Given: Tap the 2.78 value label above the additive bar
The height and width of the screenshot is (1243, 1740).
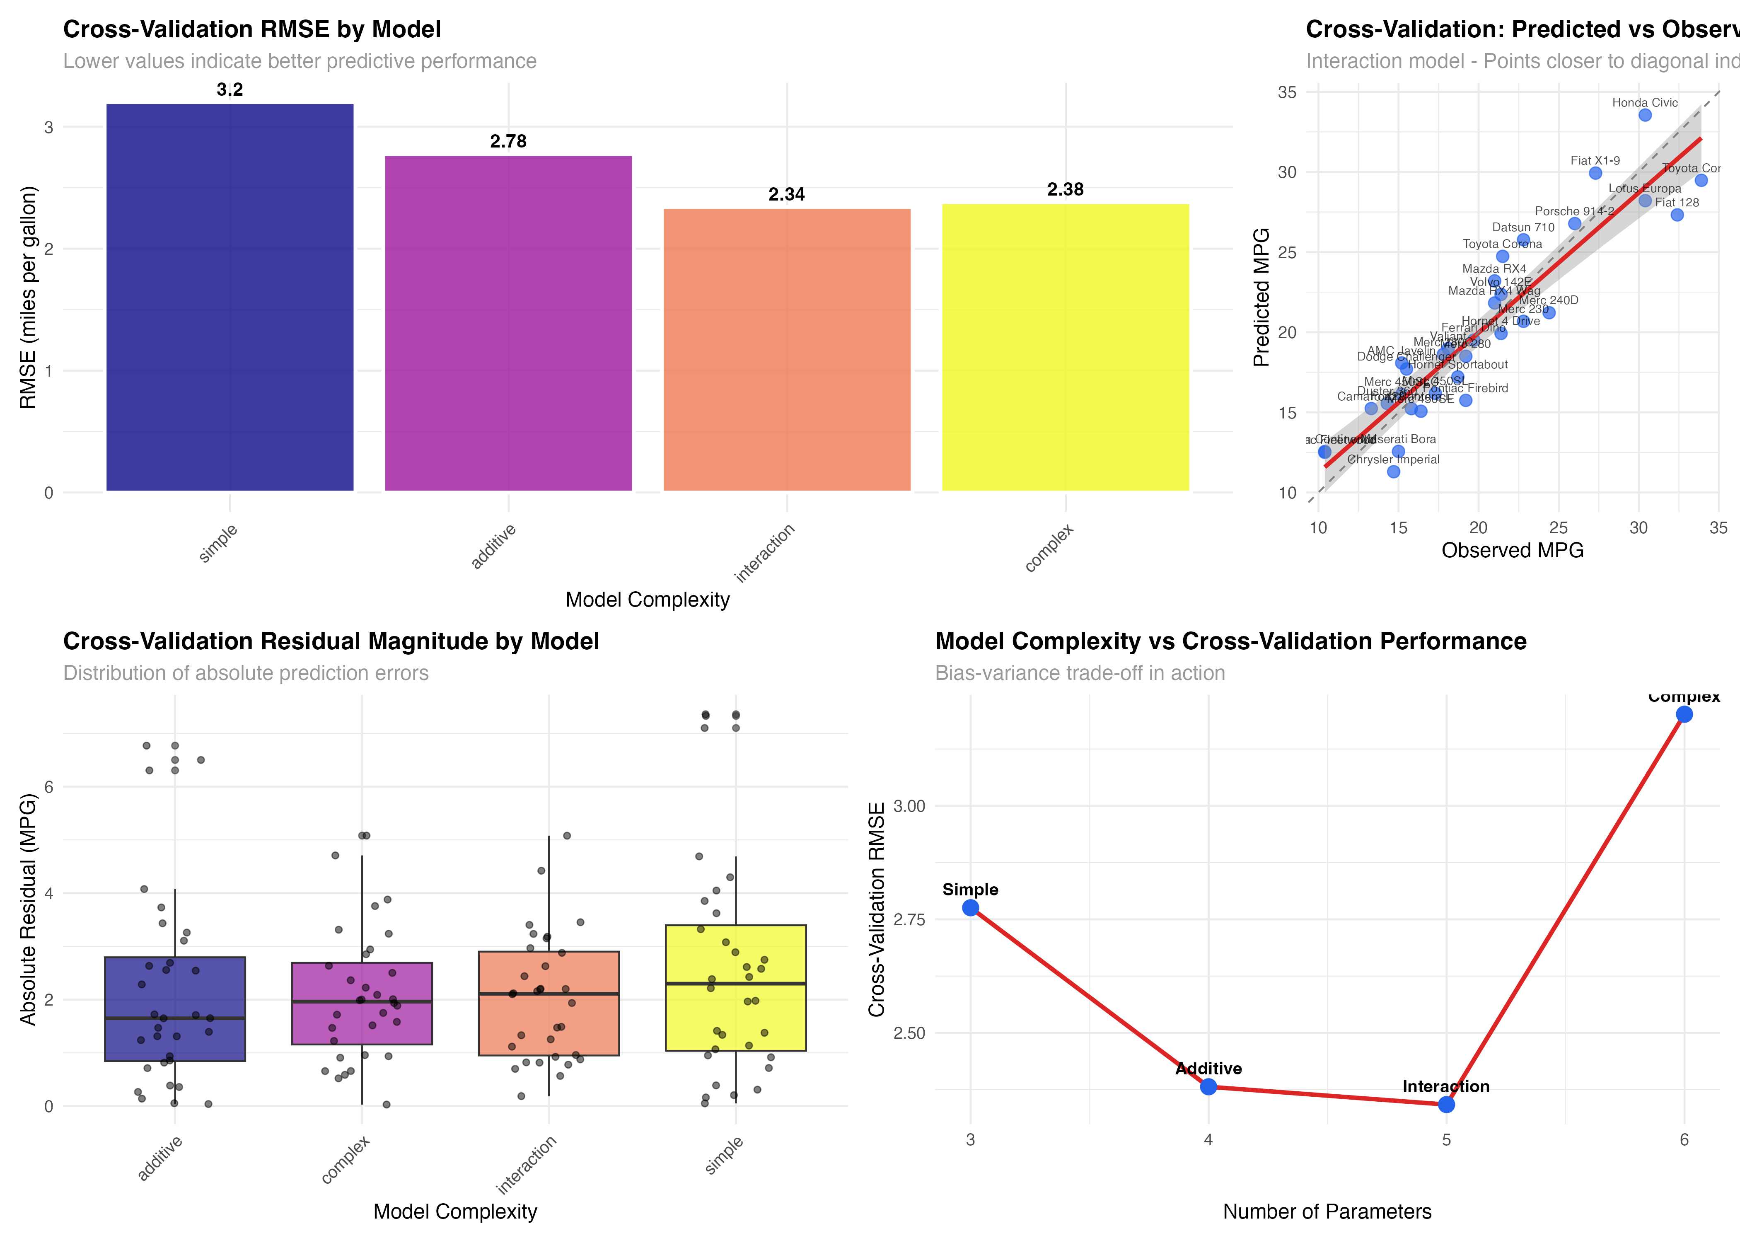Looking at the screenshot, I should tap(508, 142).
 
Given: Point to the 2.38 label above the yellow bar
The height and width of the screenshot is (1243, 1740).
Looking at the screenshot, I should tap(1065, 190).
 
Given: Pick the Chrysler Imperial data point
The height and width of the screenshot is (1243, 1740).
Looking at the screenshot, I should tap(1393, 472).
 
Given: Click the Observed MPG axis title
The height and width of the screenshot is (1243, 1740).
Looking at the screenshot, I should tap(1512, 550).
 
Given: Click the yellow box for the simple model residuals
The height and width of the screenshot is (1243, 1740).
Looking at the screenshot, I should tap(735, 987).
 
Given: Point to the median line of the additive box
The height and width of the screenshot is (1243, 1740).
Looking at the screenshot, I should tap(175, 1018).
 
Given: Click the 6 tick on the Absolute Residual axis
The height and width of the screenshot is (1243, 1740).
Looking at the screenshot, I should tap(48, 787).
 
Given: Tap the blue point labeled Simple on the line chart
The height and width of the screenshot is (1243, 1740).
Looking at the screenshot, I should tap(970, 908).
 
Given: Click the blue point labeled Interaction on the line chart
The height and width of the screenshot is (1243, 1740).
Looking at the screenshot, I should tap(1446, 1105).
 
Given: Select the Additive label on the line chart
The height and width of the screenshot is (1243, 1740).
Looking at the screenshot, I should tap(1208, 1069).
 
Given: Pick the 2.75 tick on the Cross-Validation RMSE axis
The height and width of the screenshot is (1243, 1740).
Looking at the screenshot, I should tap(909, 919).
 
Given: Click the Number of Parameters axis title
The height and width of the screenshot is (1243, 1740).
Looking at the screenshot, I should tap(1327, 1212).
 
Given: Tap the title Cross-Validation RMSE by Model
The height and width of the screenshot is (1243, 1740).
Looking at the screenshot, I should tap(252, 29).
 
